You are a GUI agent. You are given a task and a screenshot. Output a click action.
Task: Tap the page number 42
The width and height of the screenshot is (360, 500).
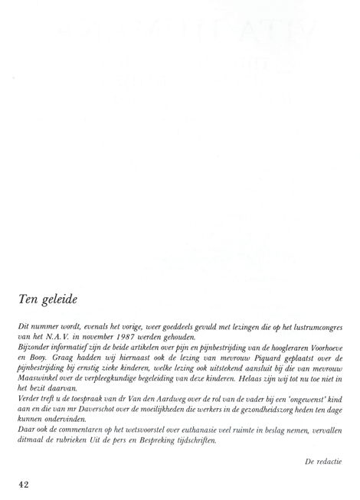pos(25,484)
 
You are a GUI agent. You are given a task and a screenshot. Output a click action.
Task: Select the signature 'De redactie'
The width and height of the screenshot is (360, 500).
pos(322,461)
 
